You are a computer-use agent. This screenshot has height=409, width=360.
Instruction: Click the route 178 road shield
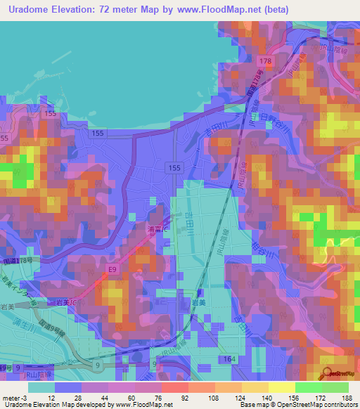tap(264, 63)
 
